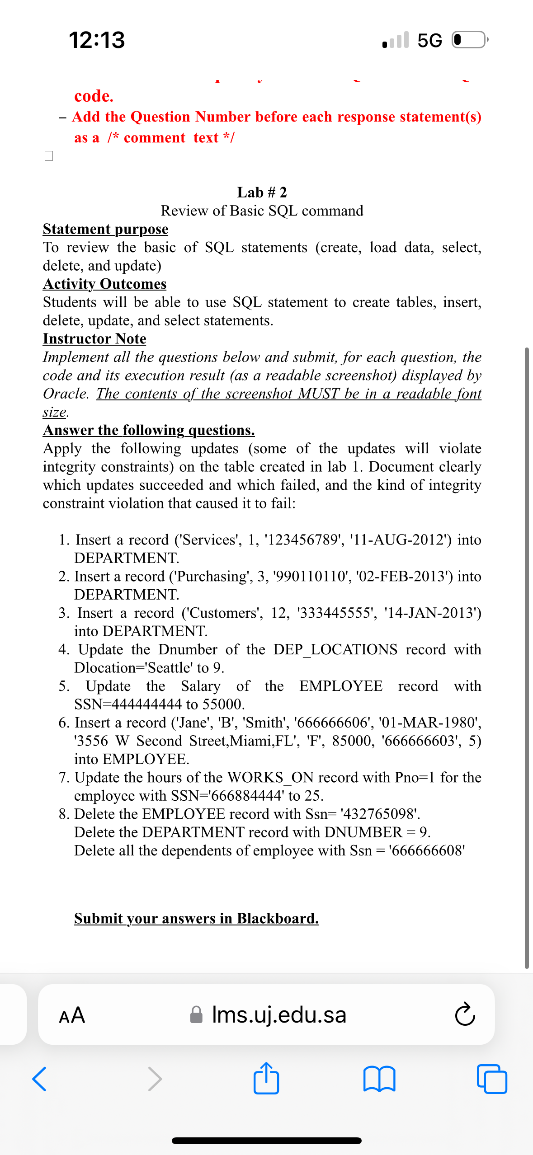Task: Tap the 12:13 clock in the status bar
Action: click(x=97, y=40)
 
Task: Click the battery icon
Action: click(x=470, y=40)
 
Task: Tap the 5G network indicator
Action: click(x=429, y=40)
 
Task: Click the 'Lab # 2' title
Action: click(x=262, y=192)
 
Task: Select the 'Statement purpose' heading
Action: click(x=105, y=229)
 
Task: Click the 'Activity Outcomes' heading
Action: click(x=104, y=284)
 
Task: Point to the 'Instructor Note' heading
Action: click(x=94, y=338)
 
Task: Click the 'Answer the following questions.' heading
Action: click(x=149, y=430)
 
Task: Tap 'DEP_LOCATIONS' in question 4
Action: click(x=335, y=649)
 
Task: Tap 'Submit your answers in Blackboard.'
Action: click(x=196, y=918)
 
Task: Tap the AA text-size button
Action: click(x=72, y=1015)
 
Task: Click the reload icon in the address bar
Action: click(x=465, y=1015)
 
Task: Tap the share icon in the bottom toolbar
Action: click(x=266, y=1079)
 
